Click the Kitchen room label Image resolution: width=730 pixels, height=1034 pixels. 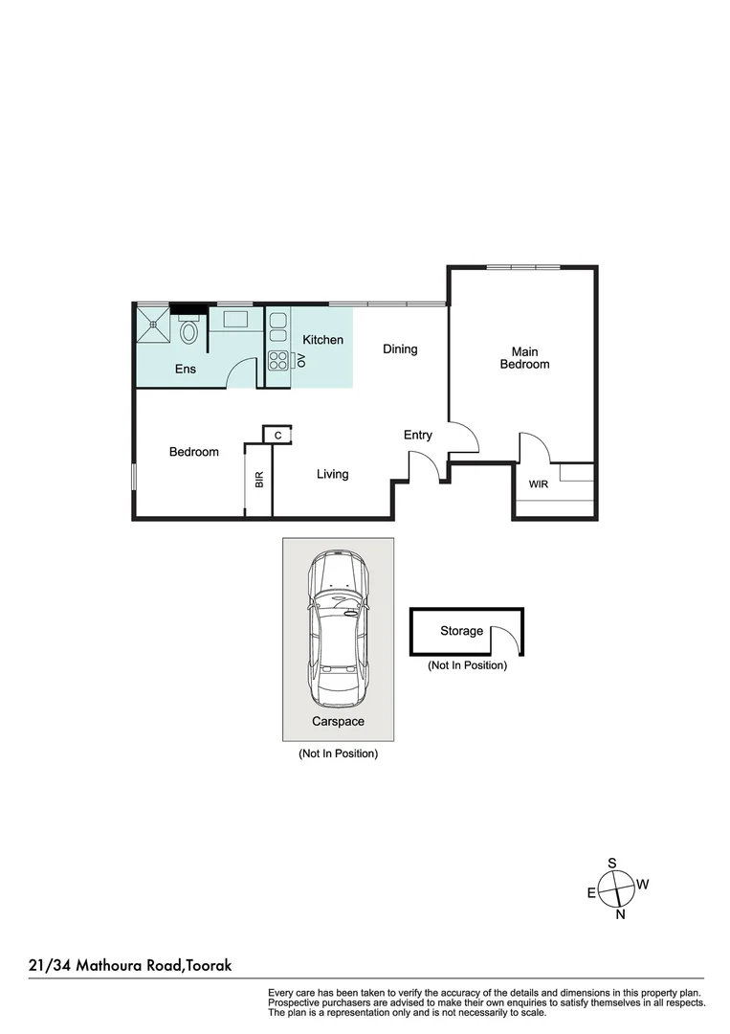point(322,340)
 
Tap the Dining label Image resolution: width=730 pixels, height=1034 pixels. point(400,349)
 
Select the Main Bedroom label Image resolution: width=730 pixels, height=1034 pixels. point(524,358)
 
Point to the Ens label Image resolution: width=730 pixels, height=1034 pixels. point(186,369)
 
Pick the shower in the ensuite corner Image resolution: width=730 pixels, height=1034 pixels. point(152,323)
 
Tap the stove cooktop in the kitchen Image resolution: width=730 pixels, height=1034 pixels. point(278,361)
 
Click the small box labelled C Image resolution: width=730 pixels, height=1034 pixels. point(277,436)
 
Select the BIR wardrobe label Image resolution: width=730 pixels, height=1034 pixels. point(259,480)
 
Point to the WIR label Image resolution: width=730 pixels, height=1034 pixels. point(539,484)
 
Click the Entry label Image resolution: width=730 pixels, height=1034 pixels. point(418,436)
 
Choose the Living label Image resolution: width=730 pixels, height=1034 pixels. point(333,474)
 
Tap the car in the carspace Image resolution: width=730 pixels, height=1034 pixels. point(338,627)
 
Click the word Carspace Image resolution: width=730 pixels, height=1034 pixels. point(338,722)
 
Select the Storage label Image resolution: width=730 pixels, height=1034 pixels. point(461,631)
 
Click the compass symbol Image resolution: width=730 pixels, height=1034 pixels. point(618,888)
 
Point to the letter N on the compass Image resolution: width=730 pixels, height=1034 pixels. point(620,915)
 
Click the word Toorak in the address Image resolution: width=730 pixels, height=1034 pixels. point(210,967)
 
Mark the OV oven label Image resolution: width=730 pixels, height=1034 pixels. point(300,360)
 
